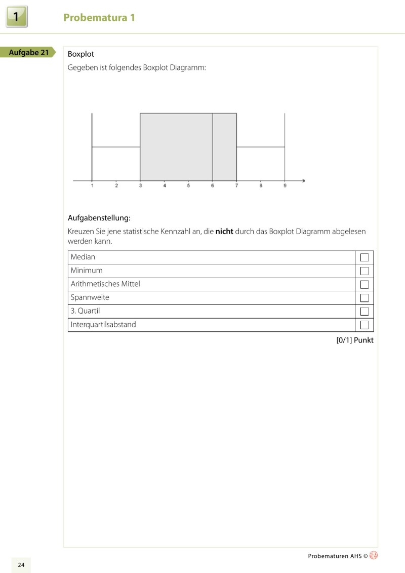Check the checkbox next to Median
click(x=364, y=257)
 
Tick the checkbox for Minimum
click(x=364, y=271)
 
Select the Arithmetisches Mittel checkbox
click(x=364, y=284)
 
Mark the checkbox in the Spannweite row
click(x=364, y=298)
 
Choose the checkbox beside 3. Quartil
click(x=364, y=312)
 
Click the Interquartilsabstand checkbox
click(x=364, y=325)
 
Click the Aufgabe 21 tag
click(x=29, y=52)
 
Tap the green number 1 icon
click(x=17, y=17)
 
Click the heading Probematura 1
click(x=99, y=18)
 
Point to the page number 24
click(x=21, y=565)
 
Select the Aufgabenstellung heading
click(x=99, y=218)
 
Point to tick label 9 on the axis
click(x=285, y=186)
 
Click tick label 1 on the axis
click(x=92, y=186)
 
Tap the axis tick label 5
click(x=188, y=186)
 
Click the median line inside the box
click(x=212, y=147)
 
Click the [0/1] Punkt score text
click(x=355, y=340)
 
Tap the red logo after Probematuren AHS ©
click(x=374, y=555)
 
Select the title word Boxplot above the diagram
click(x=81, y=54)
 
